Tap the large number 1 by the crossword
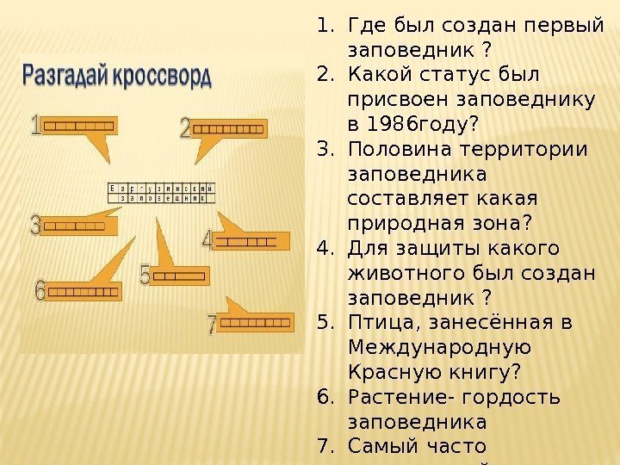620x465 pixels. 34,127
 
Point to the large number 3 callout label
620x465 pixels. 34,226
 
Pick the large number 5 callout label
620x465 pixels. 146,276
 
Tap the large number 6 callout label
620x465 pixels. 40,291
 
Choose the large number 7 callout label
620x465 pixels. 212,325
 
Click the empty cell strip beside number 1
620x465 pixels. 78,127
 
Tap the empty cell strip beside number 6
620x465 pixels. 84,292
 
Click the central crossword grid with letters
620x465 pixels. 160,192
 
